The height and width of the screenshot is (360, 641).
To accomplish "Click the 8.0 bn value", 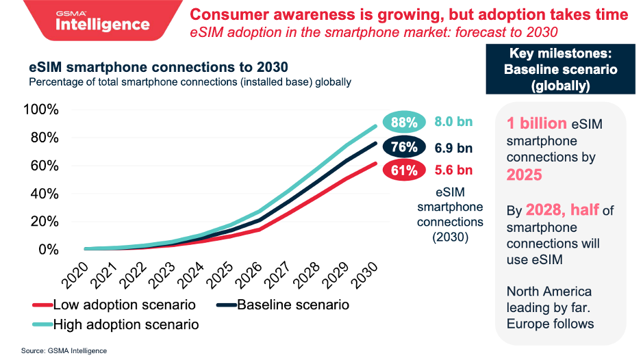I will [x=453, y=123].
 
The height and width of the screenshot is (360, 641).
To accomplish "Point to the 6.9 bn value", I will [x=453, y=147].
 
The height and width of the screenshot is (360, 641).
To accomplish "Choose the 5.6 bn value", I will [x=453, y=170].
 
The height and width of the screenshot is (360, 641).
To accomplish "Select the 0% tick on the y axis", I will [x=49, y=250].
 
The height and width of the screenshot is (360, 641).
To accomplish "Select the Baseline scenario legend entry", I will [x=284, y=305].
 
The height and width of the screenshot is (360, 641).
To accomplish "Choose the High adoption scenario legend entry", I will [x=116, y=324].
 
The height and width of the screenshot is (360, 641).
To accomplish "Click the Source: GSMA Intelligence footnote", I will [x=64, y=350].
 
